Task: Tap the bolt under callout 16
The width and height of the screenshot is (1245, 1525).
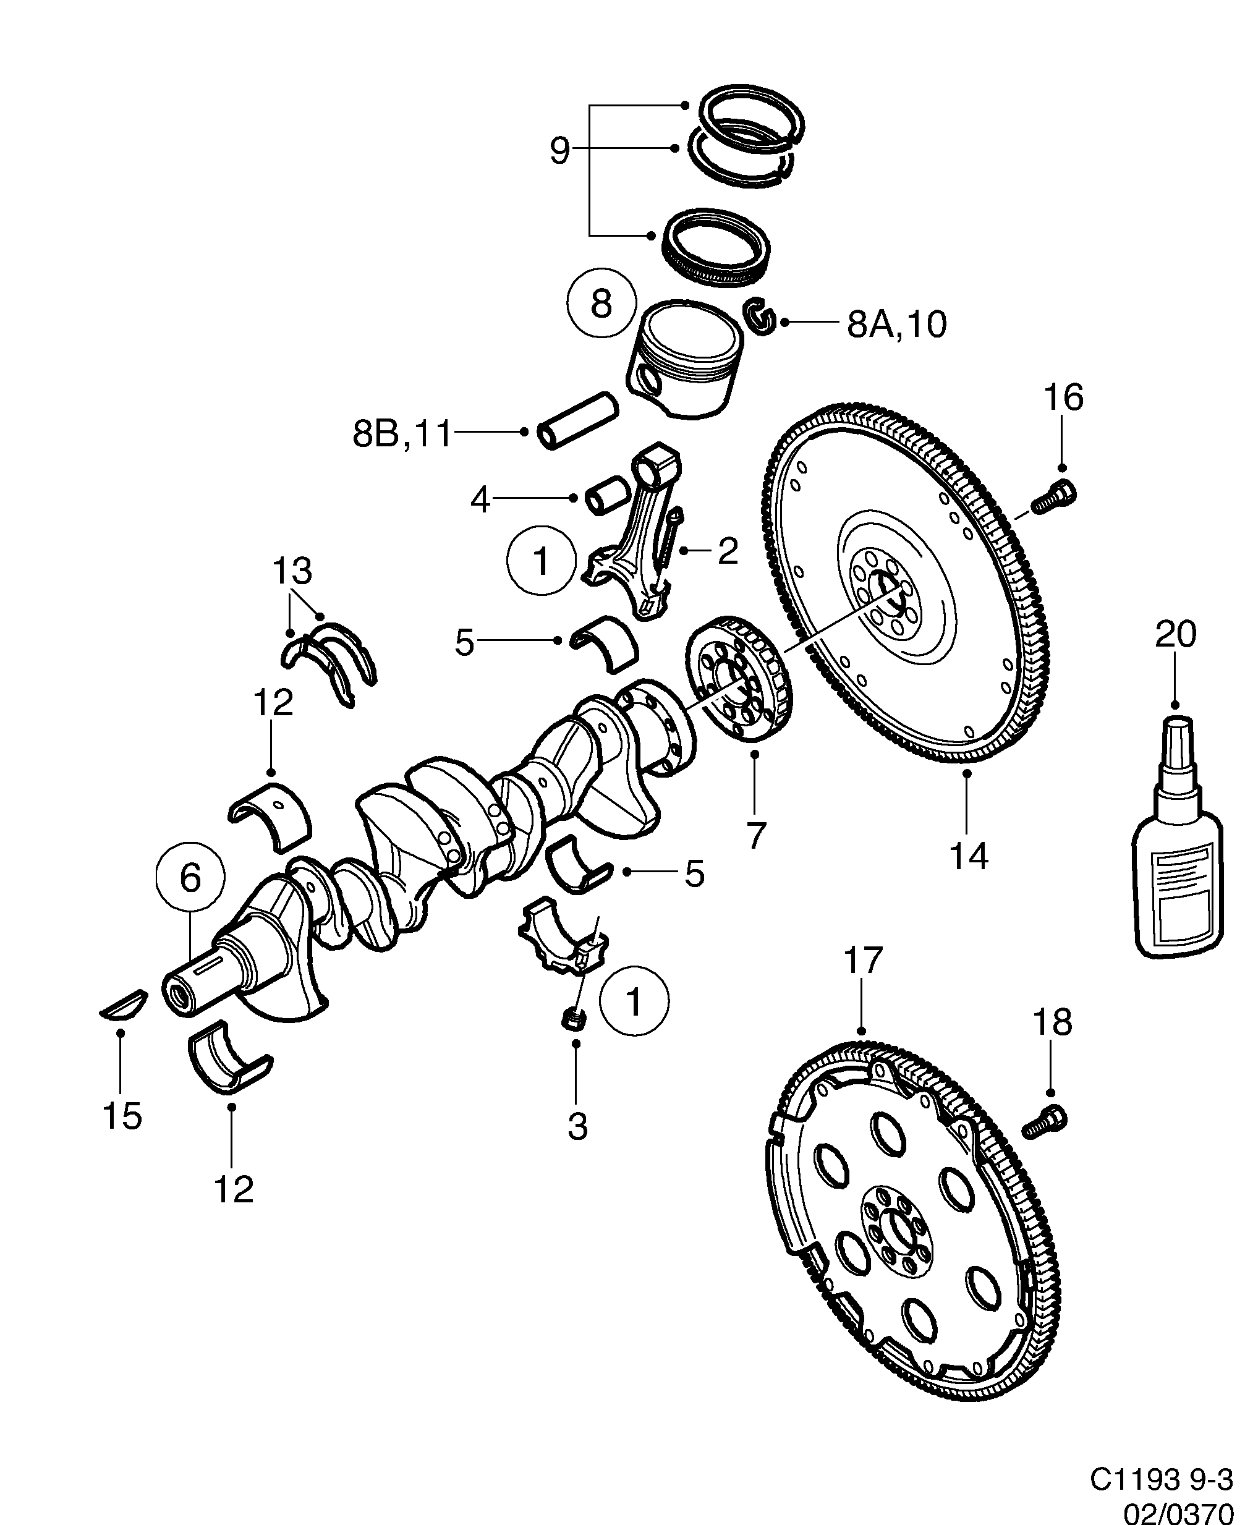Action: click(1054, 497)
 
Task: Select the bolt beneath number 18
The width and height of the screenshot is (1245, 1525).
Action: click(1044, 1141)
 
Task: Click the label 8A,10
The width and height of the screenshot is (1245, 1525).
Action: click(896, 324)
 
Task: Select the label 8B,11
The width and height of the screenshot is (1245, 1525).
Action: click(402, 434)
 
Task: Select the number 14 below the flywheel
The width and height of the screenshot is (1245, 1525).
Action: click(968, 856)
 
